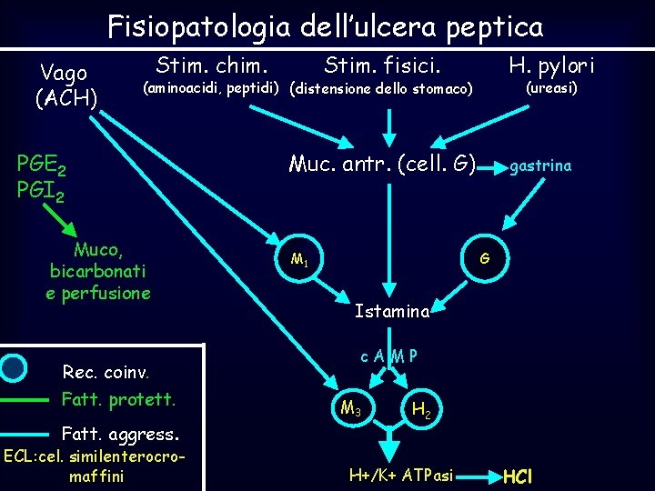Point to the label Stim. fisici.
pos(382,66)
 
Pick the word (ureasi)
pos(552,88)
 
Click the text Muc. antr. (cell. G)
pos(382,165)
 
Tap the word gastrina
pos(540,165)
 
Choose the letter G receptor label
pos(485,258)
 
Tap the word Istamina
pos(391,312)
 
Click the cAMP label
pos(388,356)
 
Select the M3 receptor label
pos(350,407)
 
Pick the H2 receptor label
pos(421,410)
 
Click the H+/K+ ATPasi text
pos(401,475)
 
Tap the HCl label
pos(518,476)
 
